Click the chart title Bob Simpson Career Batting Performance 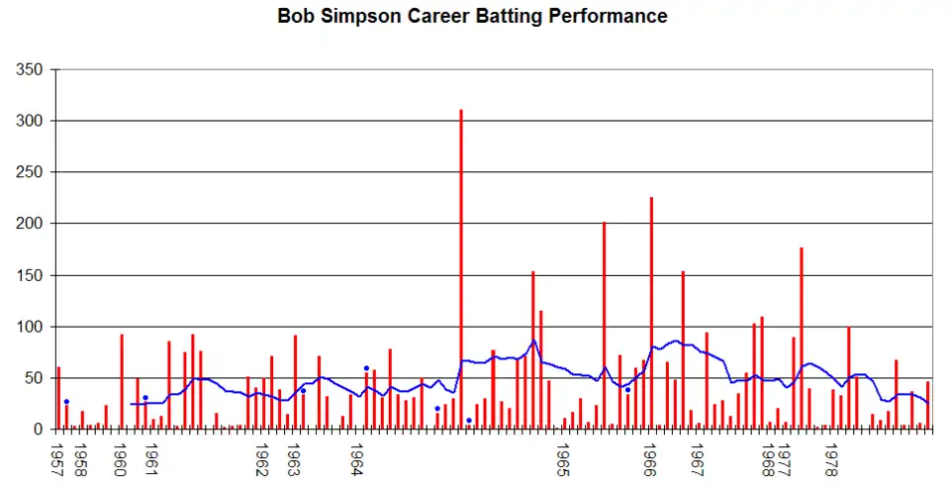click(x=472, y=17)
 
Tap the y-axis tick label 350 click(x=31, y=69)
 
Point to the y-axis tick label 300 click(x=31, y=121)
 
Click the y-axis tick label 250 click(x=31, y=172)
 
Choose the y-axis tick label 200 click(x=31, y=224)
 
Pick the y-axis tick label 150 click(x=31, y=275)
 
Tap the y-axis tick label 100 click(x=31, y=327)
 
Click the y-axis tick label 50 click(x=35, y=378)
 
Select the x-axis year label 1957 click(x=58, y=458)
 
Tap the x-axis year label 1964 click(x=357, y=458)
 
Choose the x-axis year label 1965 click(x=563, y=458)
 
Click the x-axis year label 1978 click(x=832, y=458)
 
